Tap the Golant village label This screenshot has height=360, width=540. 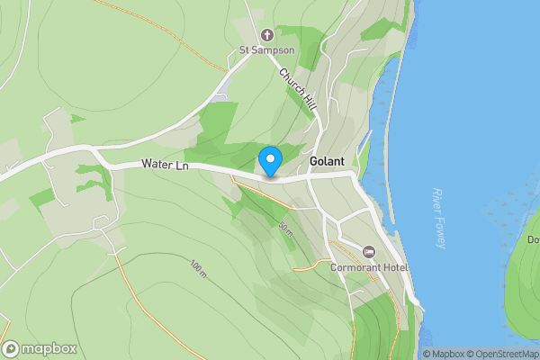click(327, 162)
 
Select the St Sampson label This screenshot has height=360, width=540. click(266, 50)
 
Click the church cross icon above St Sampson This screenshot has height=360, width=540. click(266, 36)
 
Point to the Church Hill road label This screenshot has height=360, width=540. click(297, 90)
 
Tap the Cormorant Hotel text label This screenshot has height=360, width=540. click(369, 268)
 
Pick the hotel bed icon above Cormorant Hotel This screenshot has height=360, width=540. click(368, 251)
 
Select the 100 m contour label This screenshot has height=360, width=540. click(198, 268)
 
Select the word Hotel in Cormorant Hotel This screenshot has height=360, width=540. click(394, 268)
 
